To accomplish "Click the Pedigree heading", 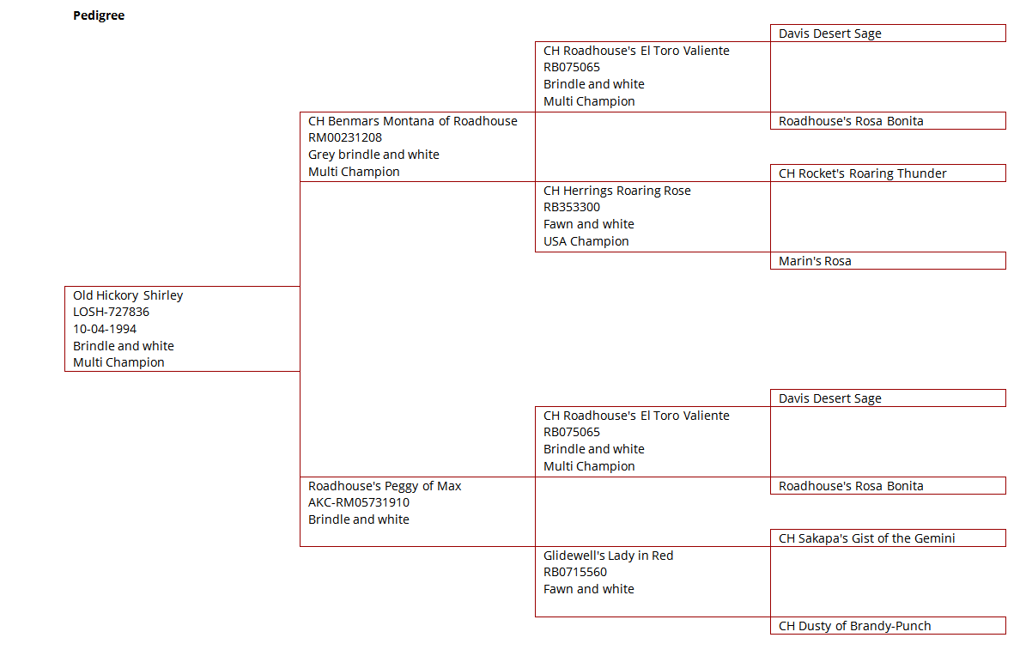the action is pyautogui.click(x=99, y=15).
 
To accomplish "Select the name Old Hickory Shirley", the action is pyautogui.click(x=128, y=295).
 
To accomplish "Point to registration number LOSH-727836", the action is pyautogui.click(x=112, y=313).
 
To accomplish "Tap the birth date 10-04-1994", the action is pyautogui.click(x=105, y=330).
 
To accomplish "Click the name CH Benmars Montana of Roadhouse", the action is pyautogui.click(x=413, y=121).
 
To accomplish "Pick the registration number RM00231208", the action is pyautogui.click(x=345, y=138).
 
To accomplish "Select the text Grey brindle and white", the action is pyautogui.click(x=373, y=155).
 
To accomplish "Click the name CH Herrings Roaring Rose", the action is pyautogui.click(x=617, y=191).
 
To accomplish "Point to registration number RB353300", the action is pyautogui.click(x=572, y=208).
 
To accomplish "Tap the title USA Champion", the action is pyautogui.click(x=586, y=241).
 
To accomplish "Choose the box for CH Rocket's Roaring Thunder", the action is pyautogui.click(x=888, y=173).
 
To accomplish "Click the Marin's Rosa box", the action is pyautogui.click(x=888, y=260).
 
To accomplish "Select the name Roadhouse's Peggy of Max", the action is pyautogui.click(x=385, y=487).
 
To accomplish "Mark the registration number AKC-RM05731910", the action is pyautogui.click(x=359, y=503).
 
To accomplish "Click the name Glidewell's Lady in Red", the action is pyautogui.click(x=609, y=556).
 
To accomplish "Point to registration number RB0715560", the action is pyautogui.click(x=575, y=572).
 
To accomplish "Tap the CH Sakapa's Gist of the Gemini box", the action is pyautogui.click(x=888, y=538).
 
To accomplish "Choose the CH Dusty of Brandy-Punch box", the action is pyautogui.click(x=888, y=626).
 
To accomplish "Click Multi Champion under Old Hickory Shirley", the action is pyautogui.click(x=119, y=362).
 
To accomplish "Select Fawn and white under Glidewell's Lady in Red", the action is pyautogui.click(x=589, y=589).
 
